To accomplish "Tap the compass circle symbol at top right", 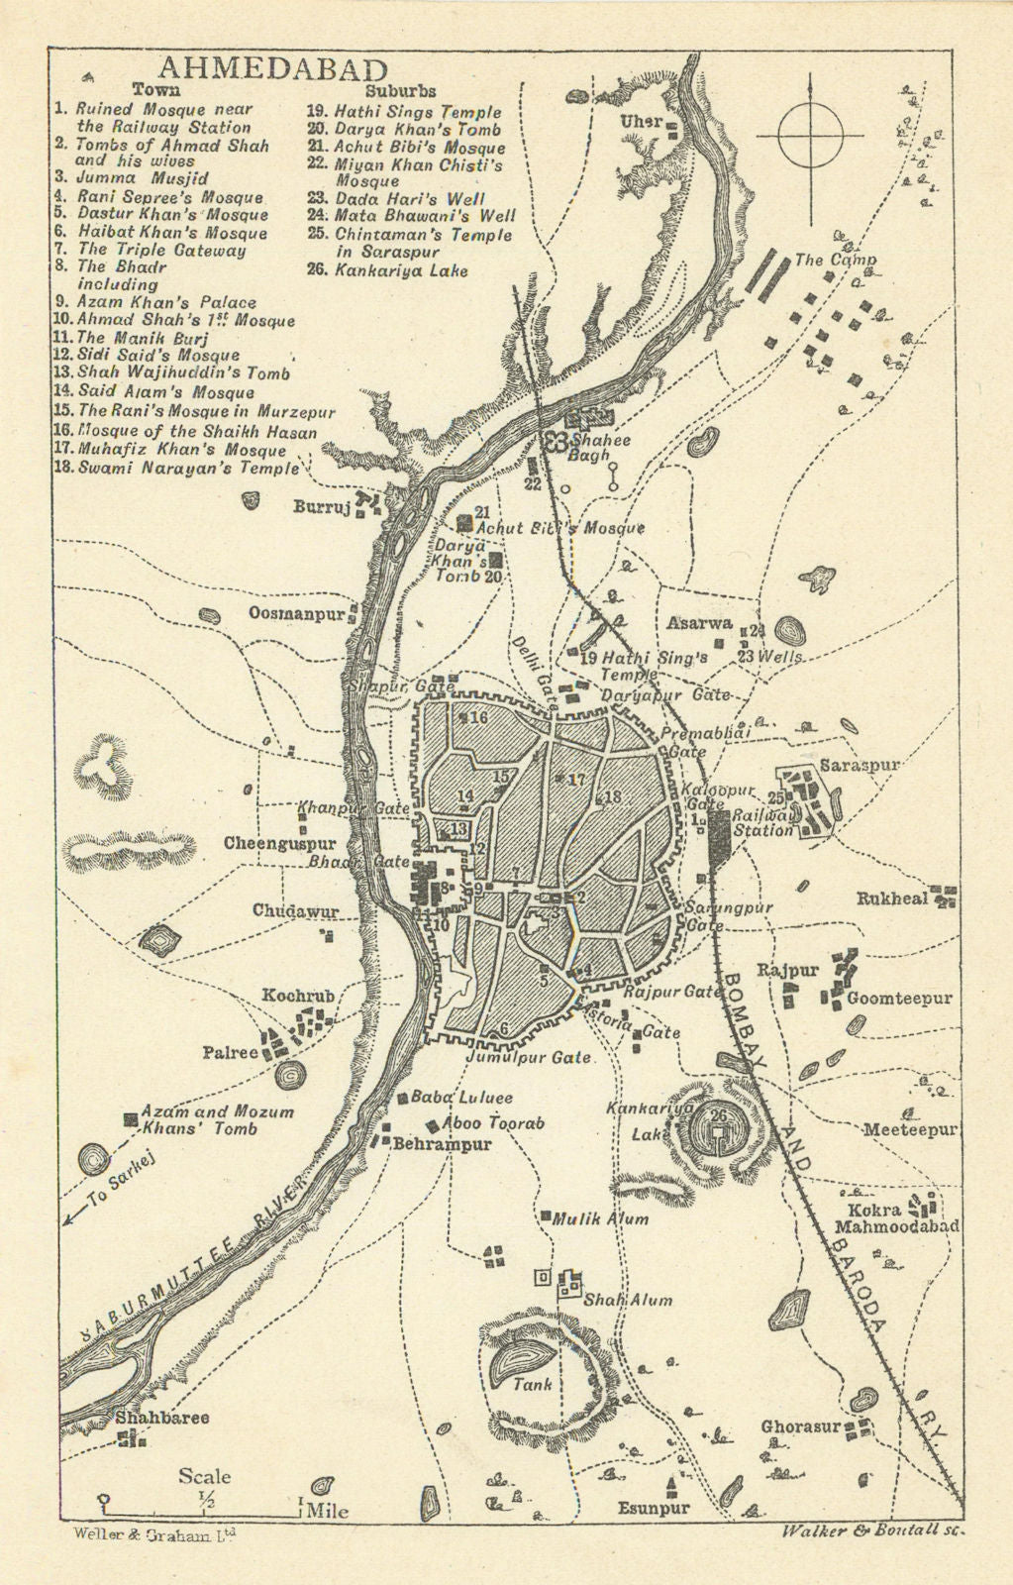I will click(x=810, y=137).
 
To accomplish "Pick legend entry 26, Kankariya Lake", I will click(x=401, y=270).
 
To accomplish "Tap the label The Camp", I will click(x=836, y=261).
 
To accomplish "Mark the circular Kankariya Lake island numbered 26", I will click(x=718, y=1126).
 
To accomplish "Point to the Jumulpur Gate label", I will click(x=529, y=1057).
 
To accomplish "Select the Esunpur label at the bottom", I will click(x=654, y=1509).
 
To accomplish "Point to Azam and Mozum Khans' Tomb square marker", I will click(x=130, y=1118).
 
